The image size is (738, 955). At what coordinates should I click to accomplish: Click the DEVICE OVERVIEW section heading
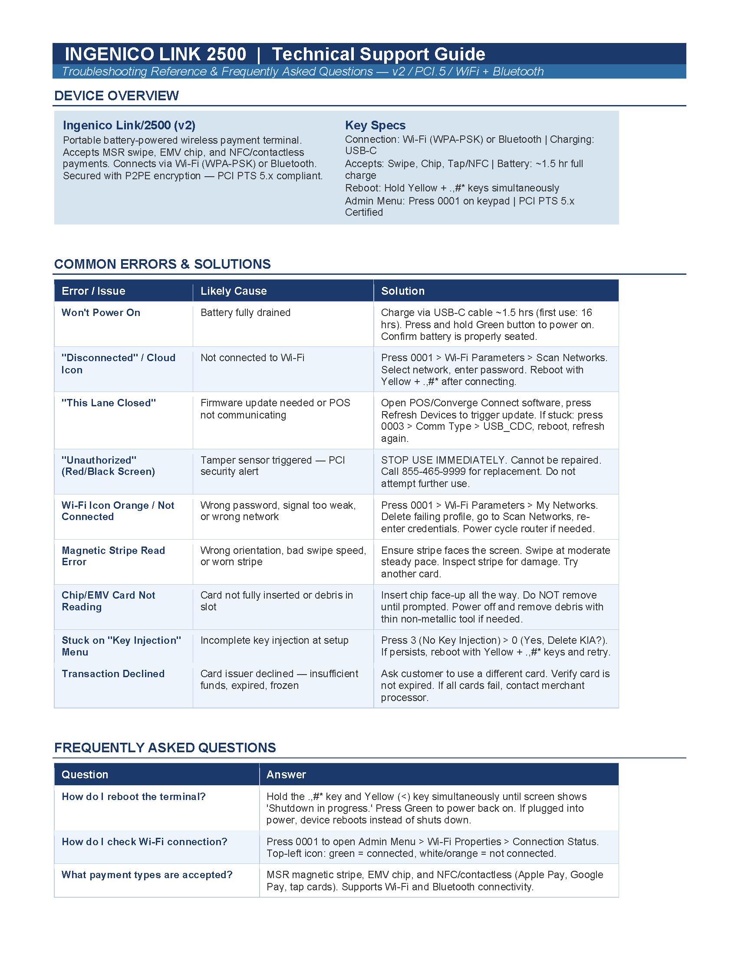tap(116, 96)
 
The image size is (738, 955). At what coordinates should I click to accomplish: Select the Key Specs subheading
tap(375, 125)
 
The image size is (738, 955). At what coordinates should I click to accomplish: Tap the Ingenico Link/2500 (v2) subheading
tap(129, 125)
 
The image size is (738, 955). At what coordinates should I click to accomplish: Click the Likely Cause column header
tap(234, 291)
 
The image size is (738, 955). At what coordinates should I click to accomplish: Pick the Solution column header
tap(403, 291)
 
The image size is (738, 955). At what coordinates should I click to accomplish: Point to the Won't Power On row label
tap(101, 313)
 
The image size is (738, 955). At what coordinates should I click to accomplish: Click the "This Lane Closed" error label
tap(109, 403)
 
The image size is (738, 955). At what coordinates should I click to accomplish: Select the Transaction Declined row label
tap(113, 673)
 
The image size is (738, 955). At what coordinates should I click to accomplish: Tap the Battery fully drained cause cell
tap(245, 313)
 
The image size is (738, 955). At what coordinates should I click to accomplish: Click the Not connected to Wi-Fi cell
tap(252, 358)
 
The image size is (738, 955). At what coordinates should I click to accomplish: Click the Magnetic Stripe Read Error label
tap(113, 556)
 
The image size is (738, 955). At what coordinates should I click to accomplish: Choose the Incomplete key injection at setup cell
tap(274, 640)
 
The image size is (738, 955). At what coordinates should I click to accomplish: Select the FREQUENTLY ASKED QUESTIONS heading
tap(165, 748)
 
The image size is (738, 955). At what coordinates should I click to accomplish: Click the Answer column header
tap(286, 774)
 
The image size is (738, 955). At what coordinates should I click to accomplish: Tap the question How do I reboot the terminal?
tap(133, 796)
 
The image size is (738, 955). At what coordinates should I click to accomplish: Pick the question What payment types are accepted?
tap(147, 875)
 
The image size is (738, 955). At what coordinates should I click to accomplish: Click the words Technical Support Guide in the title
tap(378, 54)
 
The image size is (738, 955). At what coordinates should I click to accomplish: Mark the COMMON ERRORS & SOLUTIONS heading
tap(162, 264)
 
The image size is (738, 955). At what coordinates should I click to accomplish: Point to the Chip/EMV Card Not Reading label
tap(109, 601)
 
